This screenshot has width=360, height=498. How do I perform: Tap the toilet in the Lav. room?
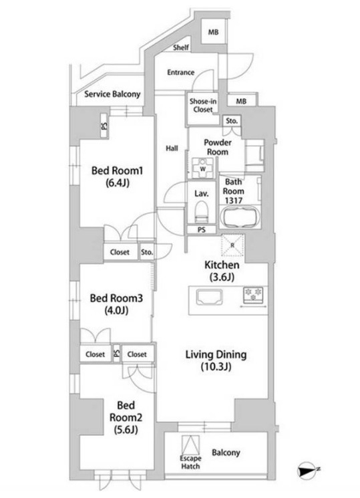pyautogui.click(x=202, y=212)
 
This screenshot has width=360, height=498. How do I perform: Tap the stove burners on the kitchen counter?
pyautogui.click(x=254, y=294)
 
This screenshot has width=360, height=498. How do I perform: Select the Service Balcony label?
pyautogui.click(x=112, y=95)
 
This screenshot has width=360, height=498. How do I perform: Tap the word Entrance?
pyautogui.click(x=180, y=72)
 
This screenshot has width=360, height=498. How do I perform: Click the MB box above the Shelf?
pyautogui.click(x=213, y=32)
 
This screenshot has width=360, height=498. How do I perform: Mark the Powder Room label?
pyautogui.click(x=216, y=147)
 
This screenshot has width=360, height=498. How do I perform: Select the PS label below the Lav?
pyautogui.click(x=201, y=230)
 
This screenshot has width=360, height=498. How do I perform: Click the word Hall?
pyautogui.click(x=170, y=149)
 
